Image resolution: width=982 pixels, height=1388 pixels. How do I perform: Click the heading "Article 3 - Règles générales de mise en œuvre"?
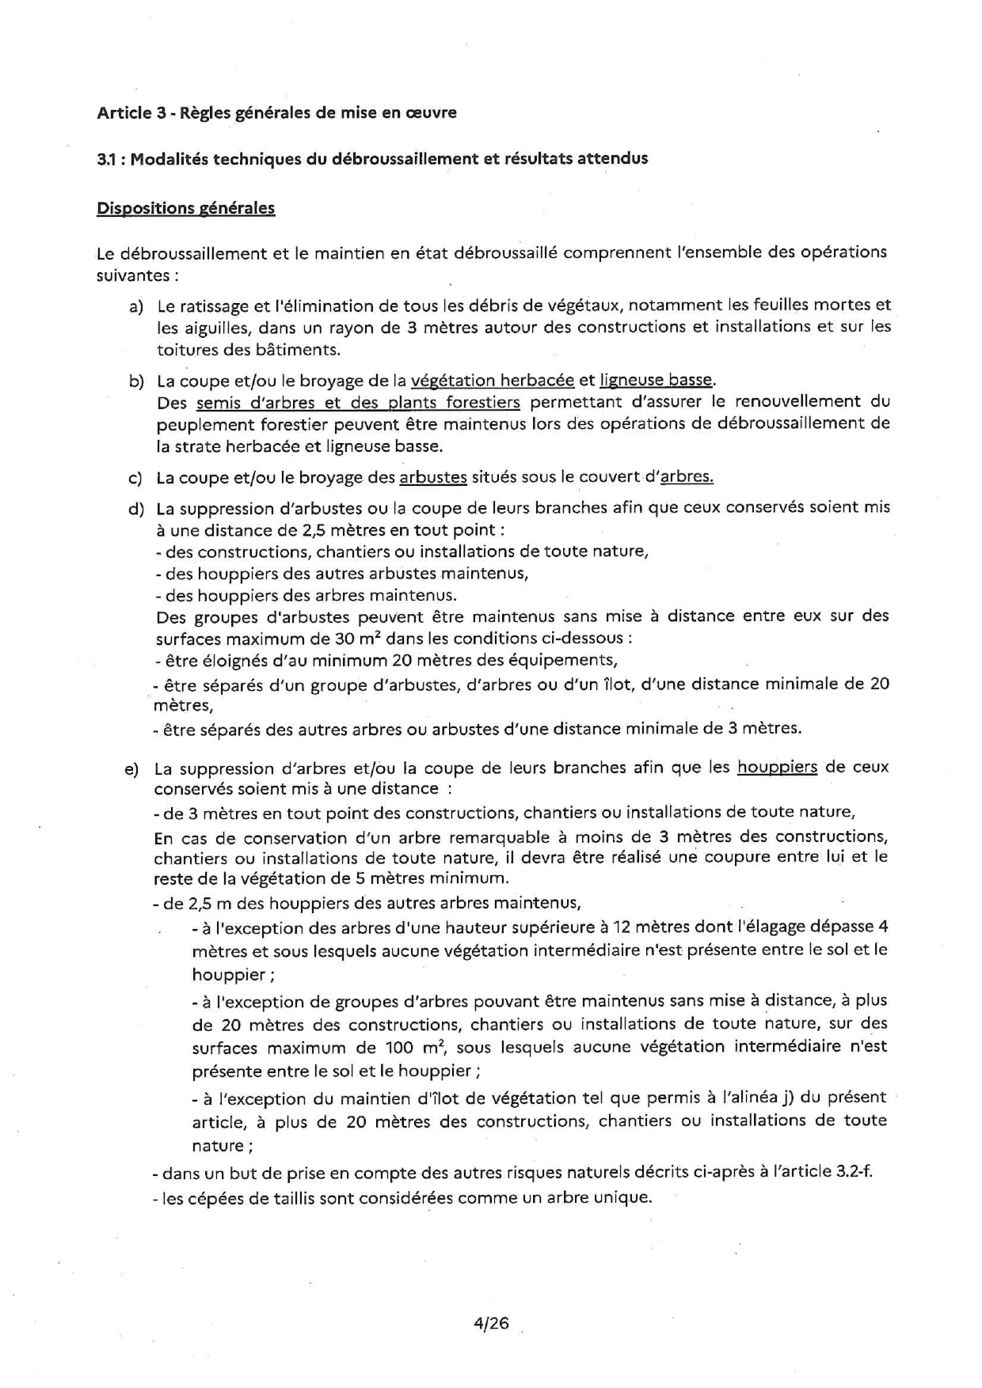(x=276, y=112)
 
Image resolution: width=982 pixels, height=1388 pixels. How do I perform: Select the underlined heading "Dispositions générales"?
(x=185, y=208)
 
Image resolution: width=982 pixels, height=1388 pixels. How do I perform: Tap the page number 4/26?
(x=491, y=1322)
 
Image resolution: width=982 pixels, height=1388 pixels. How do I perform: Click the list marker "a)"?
(x=135, y=306)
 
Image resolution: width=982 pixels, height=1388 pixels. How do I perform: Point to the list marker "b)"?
(x=136, y=381)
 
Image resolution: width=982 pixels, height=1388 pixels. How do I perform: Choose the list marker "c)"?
(x=135, y=478)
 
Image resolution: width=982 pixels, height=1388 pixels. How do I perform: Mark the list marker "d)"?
(x=135, y=508)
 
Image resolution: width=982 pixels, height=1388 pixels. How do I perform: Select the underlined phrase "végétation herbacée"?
(x=492, y=380)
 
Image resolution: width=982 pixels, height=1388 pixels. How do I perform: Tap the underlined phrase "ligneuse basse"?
(x=656, y=380)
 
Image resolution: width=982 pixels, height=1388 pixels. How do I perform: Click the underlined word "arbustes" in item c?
(x=433, y=477)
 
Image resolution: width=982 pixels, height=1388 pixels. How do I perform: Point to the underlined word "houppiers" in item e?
(x=777, y=767)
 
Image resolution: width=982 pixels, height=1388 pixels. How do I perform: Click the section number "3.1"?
(x=106, y=159)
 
